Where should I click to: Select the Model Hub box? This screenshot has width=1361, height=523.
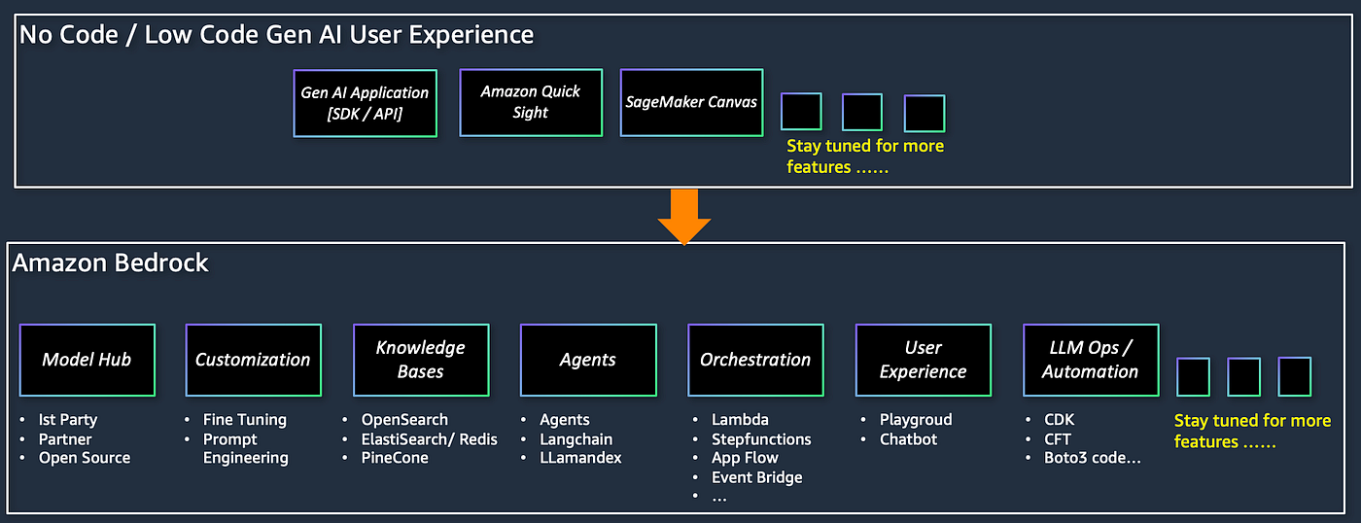point(87,360)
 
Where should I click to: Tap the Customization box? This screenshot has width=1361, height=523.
point(254,360)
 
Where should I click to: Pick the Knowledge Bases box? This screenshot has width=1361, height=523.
point(421,360)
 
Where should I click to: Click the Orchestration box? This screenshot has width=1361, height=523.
point(755,360)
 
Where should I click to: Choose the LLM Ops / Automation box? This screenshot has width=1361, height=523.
point(1090,360)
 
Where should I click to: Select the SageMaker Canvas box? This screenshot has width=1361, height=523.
point(691,102)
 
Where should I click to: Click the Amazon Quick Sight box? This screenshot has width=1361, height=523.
point(530,102)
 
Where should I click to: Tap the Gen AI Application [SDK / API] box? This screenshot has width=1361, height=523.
point(365,103)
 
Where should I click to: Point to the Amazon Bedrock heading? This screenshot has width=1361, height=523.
point(111,262)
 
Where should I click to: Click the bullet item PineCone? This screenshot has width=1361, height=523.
point(395,458)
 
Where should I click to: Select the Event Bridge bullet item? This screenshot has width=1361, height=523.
point(756,477)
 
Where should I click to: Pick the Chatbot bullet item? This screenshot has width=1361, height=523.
point(908,438)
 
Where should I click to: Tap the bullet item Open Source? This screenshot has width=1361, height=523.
point(84,458)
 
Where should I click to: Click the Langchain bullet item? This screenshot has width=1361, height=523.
point(576,438)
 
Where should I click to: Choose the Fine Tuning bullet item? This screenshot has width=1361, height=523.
point(244,419)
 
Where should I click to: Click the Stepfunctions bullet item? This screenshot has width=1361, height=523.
point(761,438)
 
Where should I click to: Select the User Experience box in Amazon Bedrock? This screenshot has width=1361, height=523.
point(923,360)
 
